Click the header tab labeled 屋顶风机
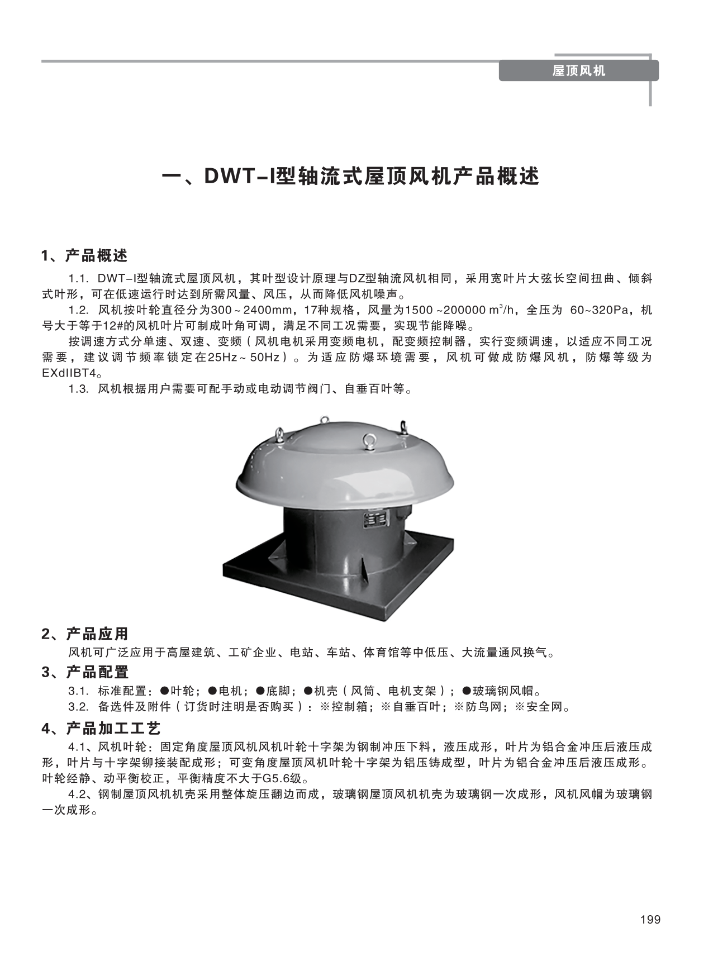click(x=578, y=71)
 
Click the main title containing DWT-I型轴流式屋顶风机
click(x=350, y=177)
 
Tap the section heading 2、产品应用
click(x=85, y=634)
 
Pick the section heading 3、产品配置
click(x=85, y=672)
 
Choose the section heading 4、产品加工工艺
click(x=101, y=729)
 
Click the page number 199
click(x=650, y=920)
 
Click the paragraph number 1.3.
click(x=79, y=389)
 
